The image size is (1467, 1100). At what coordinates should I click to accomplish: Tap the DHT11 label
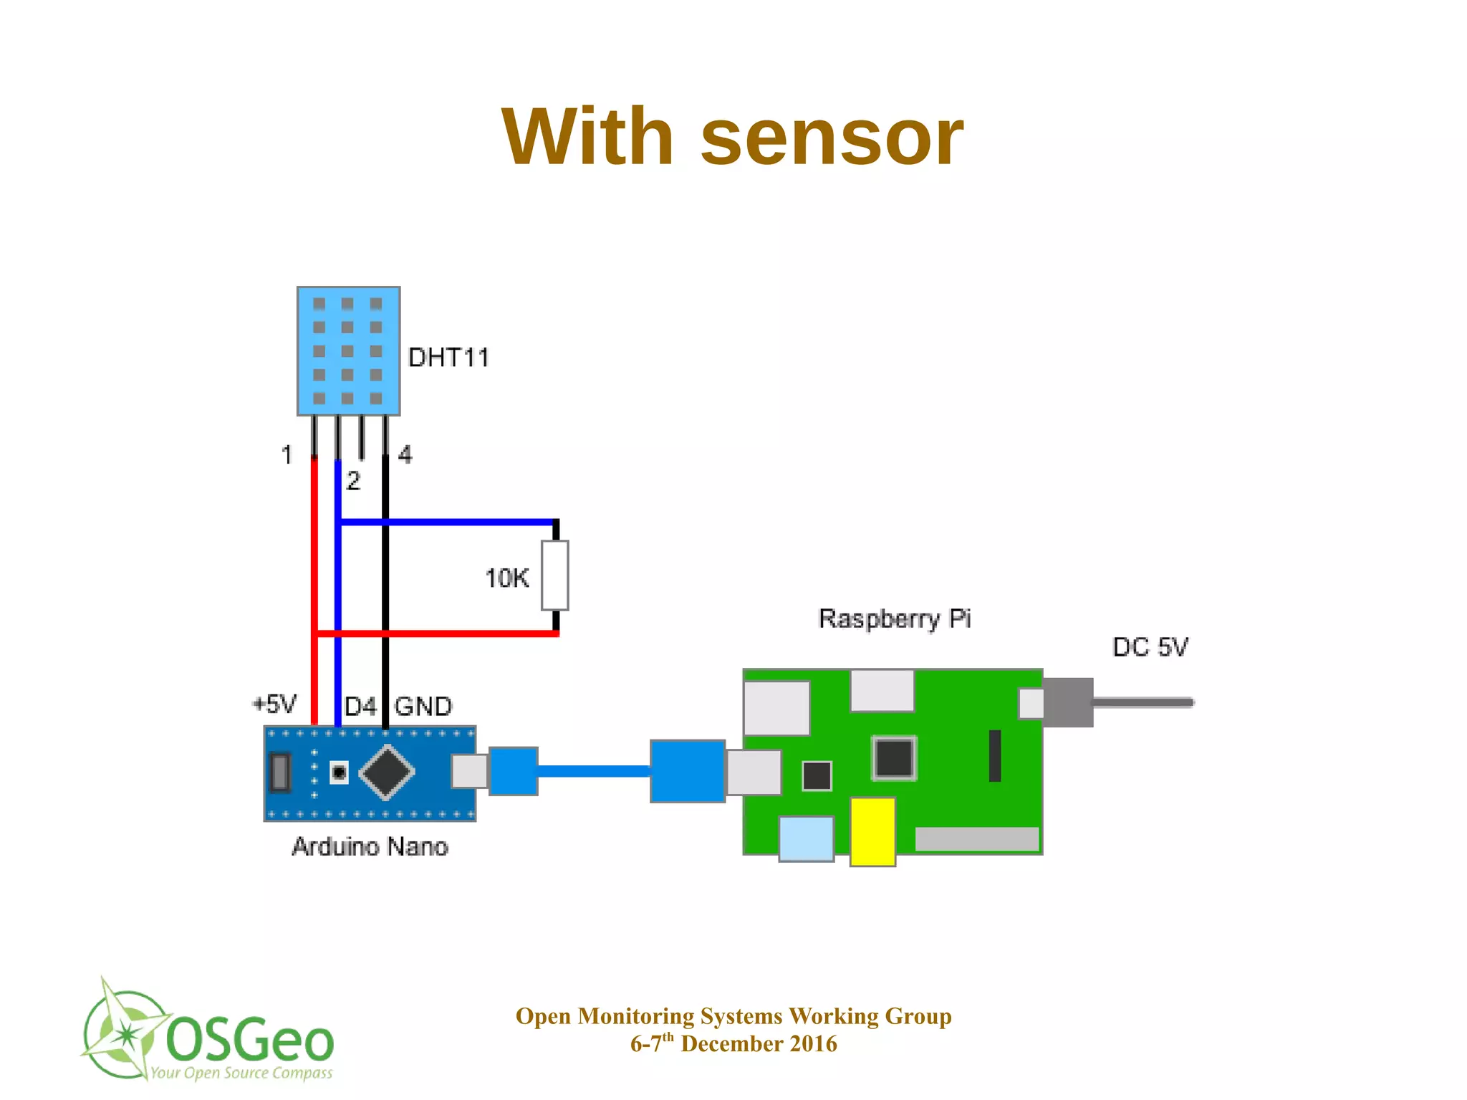click(448, 357)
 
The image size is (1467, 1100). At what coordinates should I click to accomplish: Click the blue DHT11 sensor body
click(348, 350)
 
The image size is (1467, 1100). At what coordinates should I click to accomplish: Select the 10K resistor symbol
click(555, 575)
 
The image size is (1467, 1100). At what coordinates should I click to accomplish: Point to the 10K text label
click(506, 578)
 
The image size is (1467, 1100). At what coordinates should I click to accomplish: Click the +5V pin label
click(275, 704)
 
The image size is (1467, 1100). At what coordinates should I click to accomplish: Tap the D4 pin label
click(360, 707)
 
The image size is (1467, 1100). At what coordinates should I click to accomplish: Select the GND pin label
click(423, 707)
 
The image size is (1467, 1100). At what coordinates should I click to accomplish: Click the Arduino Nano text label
click(370, 847)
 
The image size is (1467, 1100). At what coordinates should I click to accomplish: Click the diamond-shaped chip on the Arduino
click(387, 772)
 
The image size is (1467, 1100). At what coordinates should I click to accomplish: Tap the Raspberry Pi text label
click(894, 618)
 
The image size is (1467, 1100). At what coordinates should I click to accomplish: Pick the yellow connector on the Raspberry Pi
click(872, 831)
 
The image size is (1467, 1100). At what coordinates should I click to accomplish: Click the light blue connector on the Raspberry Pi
click(806, 838)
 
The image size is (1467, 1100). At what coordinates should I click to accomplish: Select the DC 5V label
click(1150, 647)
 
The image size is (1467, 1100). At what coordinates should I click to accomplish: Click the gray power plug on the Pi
click(1068, 702)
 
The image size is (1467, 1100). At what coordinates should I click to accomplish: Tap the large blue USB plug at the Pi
click(688, 771)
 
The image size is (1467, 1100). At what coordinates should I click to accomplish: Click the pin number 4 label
click(405, 454)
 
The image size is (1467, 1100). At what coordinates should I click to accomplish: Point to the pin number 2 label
click(353, 480)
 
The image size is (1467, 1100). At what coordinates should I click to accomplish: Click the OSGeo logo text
click(249, 1039)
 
